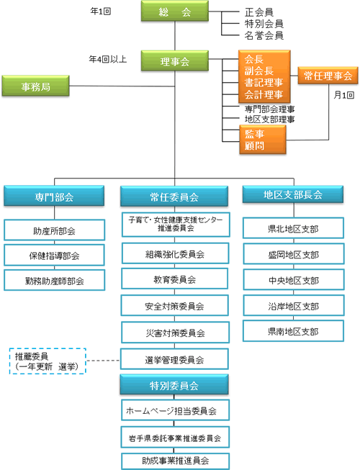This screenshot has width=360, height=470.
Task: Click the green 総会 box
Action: point(175,11)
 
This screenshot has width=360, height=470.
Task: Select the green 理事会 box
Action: point(175,61)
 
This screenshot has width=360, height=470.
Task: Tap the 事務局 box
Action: point(36,86)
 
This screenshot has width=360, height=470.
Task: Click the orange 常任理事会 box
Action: point(328,76)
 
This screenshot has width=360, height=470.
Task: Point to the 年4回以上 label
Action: point(107,59)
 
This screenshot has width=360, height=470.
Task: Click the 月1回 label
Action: point(344,95)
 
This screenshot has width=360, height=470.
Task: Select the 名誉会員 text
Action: point(264,36)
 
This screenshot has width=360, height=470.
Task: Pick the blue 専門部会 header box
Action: point(54,196)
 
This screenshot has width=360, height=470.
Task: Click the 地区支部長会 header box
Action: point(293,194)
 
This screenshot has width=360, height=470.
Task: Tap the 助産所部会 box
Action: point(54,230)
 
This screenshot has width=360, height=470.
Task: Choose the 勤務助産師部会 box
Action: point(54,280)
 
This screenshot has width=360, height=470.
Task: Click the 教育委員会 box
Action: point(175,279)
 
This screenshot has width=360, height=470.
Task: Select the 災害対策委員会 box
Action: point(176,333)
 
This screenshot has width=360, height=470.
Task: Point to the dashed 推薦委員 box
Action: point(48,361)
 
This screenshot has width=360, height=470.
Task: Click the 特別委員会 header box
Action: point(174,384)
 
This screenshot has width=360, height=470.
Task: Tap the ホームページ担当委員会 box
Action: point(176,410)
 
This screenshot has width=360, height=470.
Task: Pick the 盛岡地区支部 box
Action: point(294,254)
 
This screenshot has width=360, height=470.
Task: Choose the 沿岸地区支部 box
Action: point(294,305)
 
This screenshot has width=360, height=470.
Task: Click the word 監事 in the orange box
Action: point(254,134)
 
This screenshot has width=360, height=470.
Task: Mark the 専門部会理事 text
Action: point(269,109)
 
